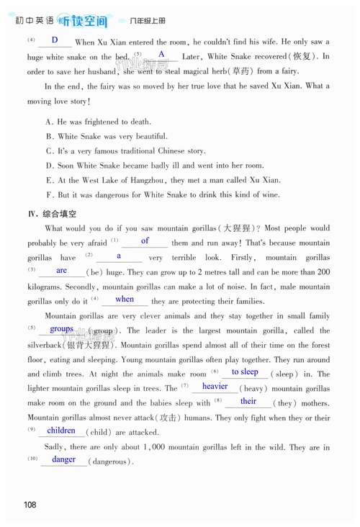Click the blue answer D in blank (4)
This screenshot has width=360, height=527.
tap(55, 40)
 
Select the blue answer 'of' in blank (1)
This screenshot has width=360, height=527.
tap(145, 241)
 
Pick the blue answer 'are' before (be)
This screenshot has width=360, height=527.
tap(61, 271)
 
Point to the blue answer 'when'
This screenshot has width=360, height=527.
tap(125, 299)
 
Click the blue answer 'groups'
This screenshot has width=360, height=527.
tap(62, 329)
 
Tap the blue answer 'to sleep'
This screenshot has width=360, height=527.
tap(245, 372)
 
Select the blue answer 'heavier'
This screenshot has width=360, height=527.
tap(215, 387)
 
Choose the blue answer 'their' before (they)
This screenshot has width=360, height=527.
tap(248, 402)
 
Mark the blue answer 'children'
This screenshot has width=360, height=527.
tap(61, 431)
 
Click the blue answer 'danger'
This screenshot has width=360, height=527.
tap(64, 459)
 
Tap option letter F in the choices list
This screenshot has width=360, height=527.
tap(48, 194)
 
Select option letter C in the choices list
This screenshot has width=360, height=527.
tap(48, 151)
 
